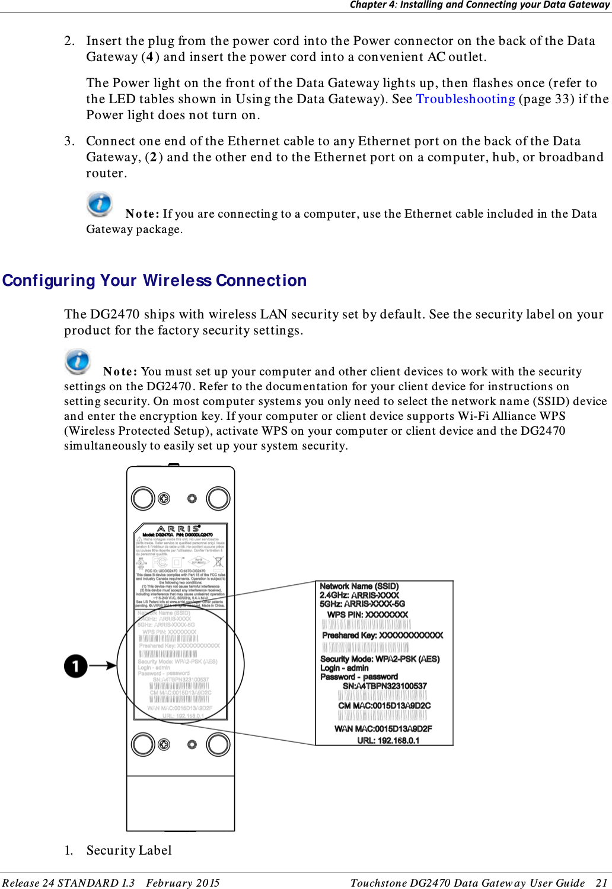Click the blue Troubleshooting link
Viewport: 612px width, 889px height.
coord(465,99)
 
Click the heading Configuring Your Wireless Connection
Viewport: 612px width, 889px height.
coord(155,281)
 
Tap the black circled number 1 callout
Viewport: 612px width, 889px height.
coord(76,665)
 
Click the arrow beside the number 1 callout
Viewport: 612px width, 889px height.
coord(103,665)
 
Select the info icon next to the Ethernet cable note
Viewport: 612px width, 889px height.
coord(100,204)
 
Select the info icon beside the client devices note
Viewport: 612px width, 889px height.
coord(78,362)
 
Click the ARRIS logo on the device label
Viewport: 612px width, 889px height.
coord(179,528)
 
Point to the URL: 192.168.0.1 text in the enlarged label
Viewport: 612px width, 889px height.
coord(388,740)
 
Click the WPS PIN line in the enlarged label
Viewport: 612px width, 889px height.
coord(368,614)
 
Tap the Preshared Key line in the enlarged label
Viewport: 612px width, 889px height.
coord(383,635)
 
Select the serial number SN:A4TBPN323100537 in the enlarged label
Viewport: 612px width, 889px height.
coord(384,686)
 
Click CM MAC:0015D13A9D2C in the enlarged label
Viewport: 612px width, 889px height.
coord(384,706)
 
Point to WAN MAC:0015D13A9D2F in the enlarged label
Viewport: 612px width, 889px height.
coord(383,729)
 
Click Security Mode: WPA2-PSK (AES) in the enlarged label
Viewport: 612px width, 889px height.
coord(380,659)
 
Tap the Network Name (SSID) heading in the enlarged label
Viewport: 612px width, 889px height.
coord(359,586)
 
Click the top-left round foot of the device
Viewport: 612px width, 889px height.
coord(143,498)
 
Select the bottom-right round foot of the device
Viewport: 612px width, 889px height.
coord(218,744)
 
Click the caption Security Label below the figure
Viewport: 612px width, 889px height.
coord(129,850)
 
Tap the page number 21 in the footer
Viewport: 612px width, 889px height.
coord(601,883)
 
